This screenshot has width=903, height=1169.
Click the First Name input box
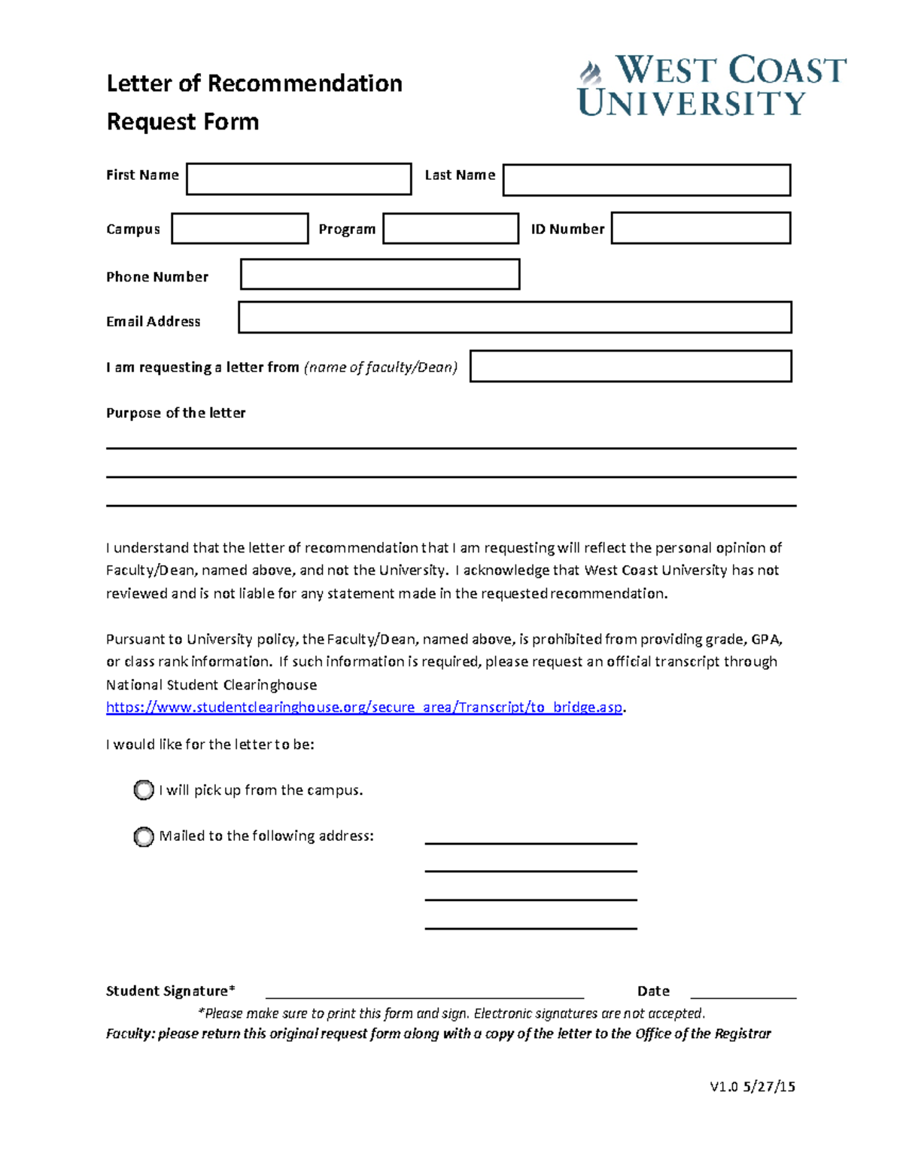[x=299, y=179]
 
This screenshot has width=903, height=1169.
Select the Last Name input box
[x=646, y=180]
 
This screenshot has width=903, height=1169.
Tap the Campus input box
[x=239, y=228]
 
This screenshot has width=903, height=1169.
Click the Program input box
[x=450, y=228]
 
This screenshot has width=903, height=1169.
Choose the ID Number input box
[x=701, y=228]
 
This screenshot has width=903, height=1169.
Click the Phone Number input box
[x=380, y=274]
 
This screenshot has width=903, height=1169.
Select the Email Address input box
[x=515, y=317]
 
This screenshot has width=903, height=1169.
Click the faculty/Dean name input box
[x=631, y=366]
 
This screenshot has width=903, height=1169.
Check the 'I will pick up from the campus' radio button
[x=144, y=790]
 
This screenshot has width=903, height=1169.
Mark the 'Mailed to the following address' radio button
[x=144, y=836]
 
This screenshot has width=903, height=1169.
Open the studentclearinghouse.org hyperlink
[x=364, y=707]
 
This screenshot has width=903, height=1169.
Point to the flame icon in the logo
[x=591, y=73]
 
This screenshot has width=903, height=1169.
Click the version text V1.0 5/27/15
[x=752, y=1086]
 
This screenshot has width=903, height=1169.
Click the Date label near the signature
[x=653, y=991]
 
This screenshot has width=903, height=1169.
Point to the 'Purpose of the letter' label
[x=175, y=412]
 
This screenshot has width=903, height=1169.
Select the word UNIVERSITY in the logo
[x=692, y=103]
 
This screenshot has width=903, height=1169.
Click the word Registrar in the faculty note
[x=743, y=1034]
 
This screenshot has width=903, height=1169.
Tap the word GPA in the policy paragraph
[x=766, y=639]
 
